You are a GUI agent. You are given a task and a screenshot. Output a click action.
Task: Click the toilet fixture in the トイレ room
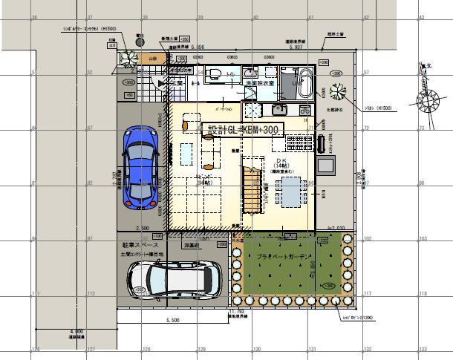coord(213,73)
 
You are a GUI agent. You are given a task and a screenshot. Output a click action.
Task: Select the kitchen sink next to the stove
coord(276,109)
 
